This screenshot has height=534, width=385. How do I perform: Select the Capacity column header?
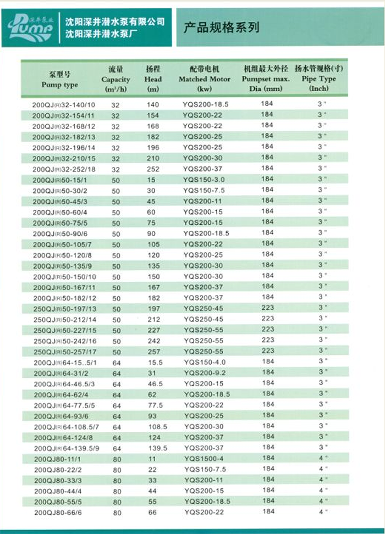(x=116, y=79)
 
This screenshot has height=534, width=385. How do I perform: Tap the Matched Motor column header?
(x=205, y=79)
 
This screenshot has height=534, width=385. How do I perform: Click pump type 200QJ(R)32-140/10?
(x=64, y=104)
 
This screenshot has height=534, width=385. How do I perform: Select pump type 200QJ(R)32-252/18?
(x=64, y=169)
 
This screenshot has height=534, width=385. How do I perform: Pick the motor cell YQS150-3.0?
(x=204, y=180)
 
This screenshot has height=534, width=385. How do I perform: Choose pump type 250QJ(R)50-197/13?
(x=64, y=309)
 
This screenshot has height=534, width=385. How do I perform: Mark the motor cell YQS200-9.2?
(x=204, y=373)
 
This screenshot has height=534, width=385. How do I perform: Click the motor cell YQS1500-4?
(x=204, y=459)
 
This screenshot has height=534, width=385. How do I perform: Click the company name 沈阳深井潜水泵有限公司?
(x=115, y=22)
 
